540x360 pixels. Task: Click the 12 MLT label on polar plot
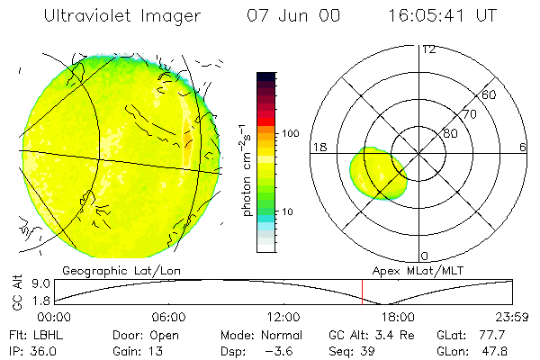(429, 49)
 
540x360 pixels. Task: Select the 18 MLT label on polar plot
(318, 146)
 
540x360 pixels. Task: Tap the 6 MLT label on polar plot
(523, 146)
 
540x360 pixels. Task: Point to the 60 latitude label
(490, 94)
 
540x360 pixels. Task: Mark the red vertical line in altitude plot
(362, 292)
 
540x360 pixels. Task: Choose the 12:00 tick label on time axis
(283, 317)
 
